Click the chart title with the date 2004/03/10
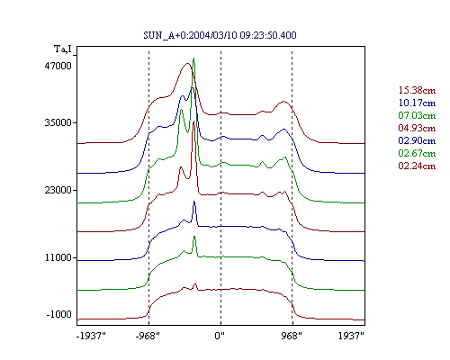coord(220,35)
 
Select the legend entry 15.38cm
coord(417,90)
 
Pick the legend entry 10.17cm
coord(417,103)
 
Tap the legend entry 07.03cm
coord(417,115)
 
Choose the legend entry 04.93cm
coord(417,128)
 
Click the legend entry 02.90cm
coord(417,140)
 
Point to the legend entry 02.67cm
coord(417,153)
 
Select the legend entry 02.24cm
coord(417,166)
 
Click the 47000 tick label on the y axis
coord(58,66)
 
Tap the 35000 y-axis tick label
coord(58,122)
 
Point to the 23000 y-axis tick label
coord(58,190)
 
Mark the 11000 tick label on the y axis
coord(58,257)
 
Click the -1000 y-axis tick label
coord(59,314)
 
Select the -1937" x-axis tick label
coord(91,336)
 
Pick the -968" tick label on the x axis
coord(148,336)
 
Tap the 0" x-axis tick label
coord(220,336)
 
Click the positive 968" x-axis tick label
coord(292,336)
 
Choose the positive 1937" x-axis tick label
coord(351,336)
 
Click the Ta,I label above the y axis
coord(63,49)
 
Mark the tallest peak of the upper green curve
coord(193,58)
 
